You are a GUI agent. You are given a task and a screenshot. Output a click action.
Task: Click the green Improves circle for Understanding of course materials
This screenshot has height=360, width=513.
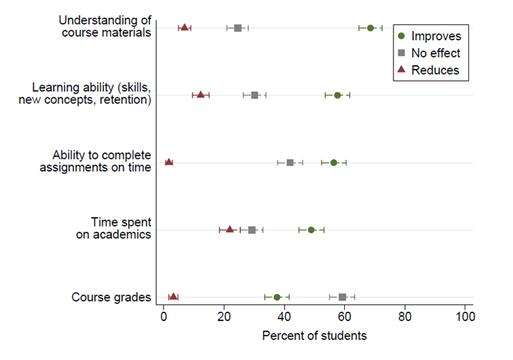pyautogui.click(x=371, y=28)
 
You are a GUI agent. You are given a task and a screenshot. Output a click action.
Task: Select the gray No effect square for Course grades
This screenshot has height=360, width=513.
pyautogui.click(x=342, y=297)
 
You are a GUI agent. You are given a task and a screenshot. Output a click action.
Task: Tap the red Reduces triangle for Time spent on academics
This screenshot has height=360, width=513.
pyautogui.click(x=230, y=229)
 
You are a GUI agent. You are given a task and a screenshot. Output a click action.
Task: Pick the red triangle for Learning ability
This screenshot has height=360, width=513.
pyautogui.click(x=200, y=95)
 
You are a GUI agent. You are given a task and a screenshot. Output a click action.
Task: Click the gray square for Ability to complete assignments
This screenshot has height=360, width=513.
pyautogui.click(x=290, y=163)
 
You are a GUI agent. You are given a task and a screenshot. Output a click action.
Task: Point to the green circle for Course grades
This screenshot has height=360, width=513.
pyautogui.click(x=277, y=297)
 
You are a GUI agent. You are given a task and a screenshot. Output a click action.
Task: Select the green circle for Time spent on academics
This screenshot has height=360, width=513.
pyautogui.click(x=311, y=229)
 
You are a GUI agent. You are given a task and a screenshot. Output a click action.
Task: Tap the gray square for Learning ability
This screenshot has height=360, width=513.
pyautogui.click(x=255, y=95)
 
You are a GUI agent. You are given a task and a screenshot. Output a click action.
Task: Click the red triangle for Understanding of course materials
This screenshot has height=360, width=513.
pyautogui.click(x=184, y=28)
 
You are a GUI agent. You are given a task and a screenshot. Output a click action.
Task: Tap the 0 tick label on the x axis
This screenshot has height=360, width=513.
pyautogui.click(x=164, y=317)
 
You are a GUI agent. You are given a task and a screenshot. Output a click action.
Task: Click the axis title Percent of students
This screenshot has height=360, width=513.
pyautogui.click(x=314, y=336)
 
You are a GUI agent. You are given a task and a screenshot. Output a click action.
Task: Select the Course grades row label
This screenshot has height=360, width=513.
pyautogui.click(x=112, y=297)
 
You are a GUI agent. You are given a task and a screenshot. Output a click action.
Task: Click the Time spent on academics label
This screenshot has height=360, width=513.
pyautogui.click(x=120, y=228)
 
